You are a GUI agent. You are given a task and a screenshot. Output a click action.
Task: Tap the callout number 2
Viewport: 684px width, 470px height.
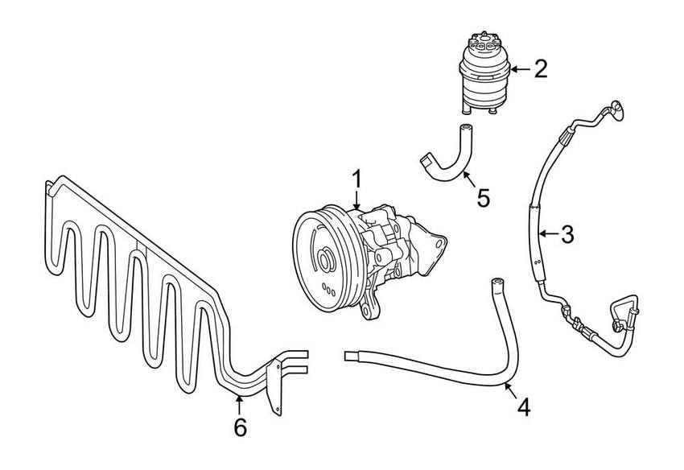point(541,68)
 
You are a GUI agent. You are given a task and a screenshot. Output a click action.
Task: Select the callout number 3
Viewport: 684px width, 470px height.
point(567,234)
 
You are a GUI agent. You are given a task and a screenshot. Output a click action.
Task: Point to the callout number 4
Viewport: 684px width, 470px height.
point(523,407)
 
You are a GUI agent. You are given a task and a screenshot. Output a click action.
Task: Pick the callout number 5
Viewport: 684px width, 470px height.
point(484,197)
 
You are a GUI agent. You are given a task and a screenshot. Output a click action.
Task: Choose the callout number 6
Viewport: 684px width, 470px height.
point(240,427)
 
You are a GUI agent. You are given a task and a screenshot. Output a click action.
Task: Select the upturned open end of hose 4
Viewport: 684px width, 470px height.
point(496,283)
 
